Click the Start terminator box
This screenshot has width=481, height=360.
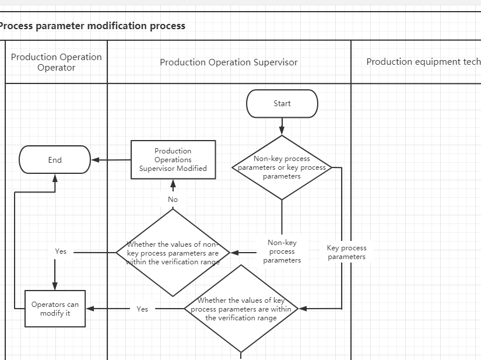tap(282, 104)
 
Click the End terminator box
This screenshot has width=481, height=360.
tap(55, 160)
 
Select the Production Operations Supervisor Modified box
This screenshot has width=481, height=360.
tap(173, 160)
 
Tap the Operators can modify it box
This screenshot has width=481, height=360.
tap(55, 309)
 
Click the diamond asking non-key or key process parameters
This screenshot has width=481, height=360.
tap(282, 167)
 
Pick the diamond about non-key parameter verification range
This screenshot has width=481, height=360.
tap(173, 253)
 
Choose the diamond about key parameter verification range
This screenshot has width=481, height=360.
tap(241, 309)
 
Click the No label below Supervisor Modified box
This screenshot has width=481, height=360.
tap(173, 200)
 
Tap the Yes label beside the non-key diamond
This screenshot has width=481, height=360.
tap(61, 251)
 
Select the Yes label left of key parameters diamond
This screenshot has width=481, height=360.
tap(142, 309)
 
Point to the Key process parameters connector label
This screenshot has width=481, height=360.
tap(346, 252)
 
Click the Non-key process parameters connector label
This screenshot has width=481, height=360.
tap(282, 251)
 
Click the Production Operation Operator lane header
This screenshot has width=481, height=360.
tap(57, 62)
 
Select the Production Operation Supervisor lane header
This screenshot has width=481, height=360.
tap(229, 62)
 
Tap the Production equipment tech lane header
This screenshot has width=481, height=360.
tap(423, 61)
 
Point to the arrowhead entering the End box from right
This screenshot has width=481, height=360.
tap(95, 160)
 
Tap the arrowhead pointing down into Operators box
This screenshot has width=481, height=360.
tap(55, 286)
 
